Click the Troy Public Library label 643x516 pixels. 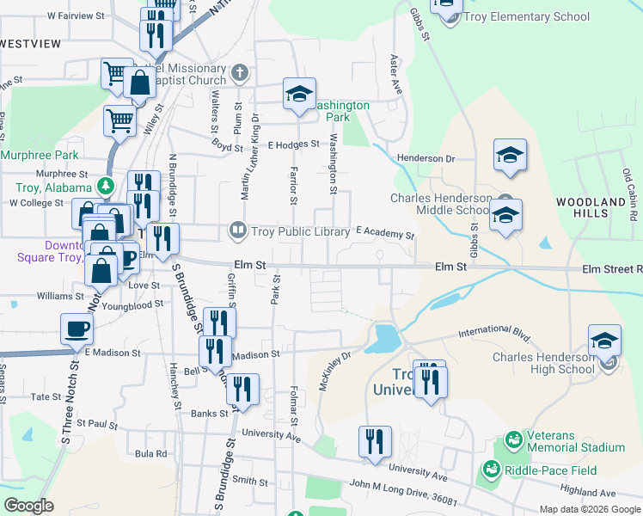tap(301, 230)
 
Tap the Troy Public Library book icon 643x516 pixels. tap(236, 230)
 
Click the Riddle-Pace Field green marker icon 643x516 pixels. tap(491, 470)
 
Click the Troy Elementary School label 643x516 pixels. tap(527, 16)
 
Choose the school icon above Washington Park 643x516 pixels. tap(298, 95)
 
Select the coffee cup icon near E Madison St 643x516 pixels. tap(77, 329)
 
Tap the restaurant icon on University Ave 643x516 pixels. tap(375, 442)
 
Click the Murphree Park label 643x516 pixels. tap(40, 156)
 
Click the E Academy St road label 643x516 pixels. tap(385, 233)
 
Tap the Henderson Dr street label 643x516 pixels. tap(426, 158)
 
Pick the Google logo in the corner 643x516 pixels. tap(29, 506)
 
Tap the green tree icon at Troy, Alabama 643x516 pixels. tap(106, 186)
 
